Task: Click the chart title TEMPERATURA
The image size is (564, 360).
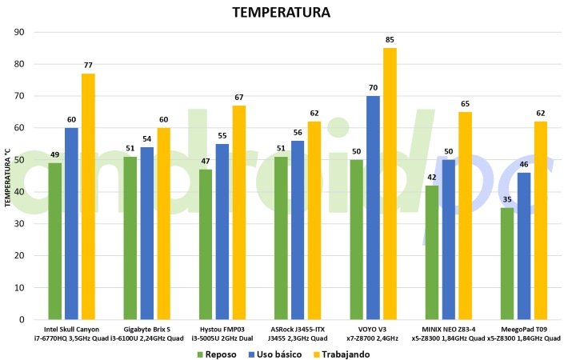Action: tap(281, 14)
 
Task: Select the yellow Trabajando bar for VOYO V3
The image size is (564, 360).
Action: tap(390, 183)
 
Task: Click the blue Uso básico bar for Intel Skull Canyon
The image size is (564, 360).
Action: tap(71, 223)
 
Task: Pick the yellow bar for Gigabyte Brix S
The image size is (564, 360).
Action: tap(163, 223)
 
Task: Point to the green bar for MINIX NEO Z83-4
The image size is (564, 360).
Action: tap(432, 252)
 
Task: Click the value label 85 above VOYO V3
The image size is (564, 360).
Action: tap(390, 40)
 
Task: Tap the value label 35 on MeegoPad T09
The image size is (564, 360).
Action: tap(507, 200)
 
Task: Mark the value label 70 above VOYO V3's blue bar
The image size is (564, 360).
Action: tap(373, 88)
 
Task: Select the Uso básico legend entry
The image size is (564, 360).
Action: tap(277, 354)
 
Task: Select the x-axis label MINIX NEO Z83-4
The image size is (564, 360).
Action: tap(448, 329)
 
